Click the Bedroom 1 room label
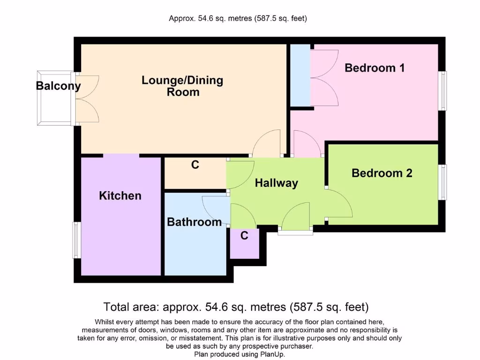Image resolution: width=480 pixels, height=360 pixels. [375, 68]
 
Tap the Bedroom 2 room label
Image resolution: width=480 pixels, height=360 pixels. [382, 173]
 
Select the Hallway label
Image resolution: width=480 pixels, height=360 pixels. [277, 183]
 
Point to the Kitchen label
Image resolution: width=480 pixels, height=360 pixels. [120, 195]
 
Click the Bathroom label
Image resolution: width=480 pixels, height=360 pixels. [195, 222]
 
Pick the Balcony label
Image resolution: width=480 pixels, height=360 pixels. [58, 86]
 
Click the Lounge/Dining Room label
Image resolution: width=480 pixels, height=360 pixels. [182, 86]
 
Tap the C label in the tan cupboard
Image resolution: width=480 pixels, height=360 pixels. [195, 165]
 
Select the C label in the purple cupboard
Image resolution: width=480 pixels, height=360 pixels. [244, 236]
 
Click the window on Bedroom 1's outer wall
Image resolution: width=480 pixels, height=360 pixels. [442, 91]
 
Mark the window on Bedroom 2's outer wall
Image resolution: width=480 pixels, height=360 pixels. [442, 182]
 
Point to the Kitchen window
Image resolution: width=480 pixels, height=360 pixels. [76, 240]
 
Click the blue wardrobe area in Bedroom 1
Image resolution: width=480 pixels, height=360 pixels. [300, 75]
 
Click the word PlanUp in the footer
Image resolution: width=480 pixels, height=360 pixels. [274, 355]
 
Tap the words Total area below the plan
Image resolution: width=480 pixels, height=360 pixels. [129, 307]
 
